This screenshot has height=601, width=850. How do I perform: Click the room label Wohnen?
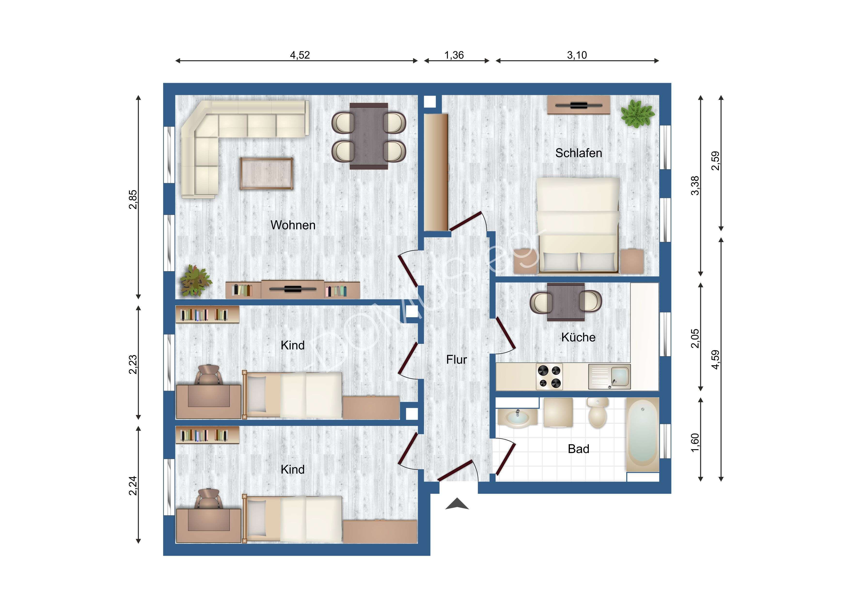293,225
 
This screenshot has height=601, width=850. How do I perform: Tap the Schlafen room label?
579,153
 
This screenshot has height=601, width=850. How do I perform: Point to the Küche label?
578,337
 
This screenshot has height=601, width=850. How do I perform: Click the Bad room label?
578,449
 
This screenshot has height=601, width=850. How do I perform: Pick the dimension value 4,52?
300,55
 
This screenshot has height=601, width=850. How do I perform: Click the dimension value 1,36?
454,55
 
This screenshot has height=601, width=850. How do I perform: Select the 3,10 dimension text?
577,55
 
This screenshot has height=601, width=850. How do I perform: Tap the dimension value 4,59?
715,359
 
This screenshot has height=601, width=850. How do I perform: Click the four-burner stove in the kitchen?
549,376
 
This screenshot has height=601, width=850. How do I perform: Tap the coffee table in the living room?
267,174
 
